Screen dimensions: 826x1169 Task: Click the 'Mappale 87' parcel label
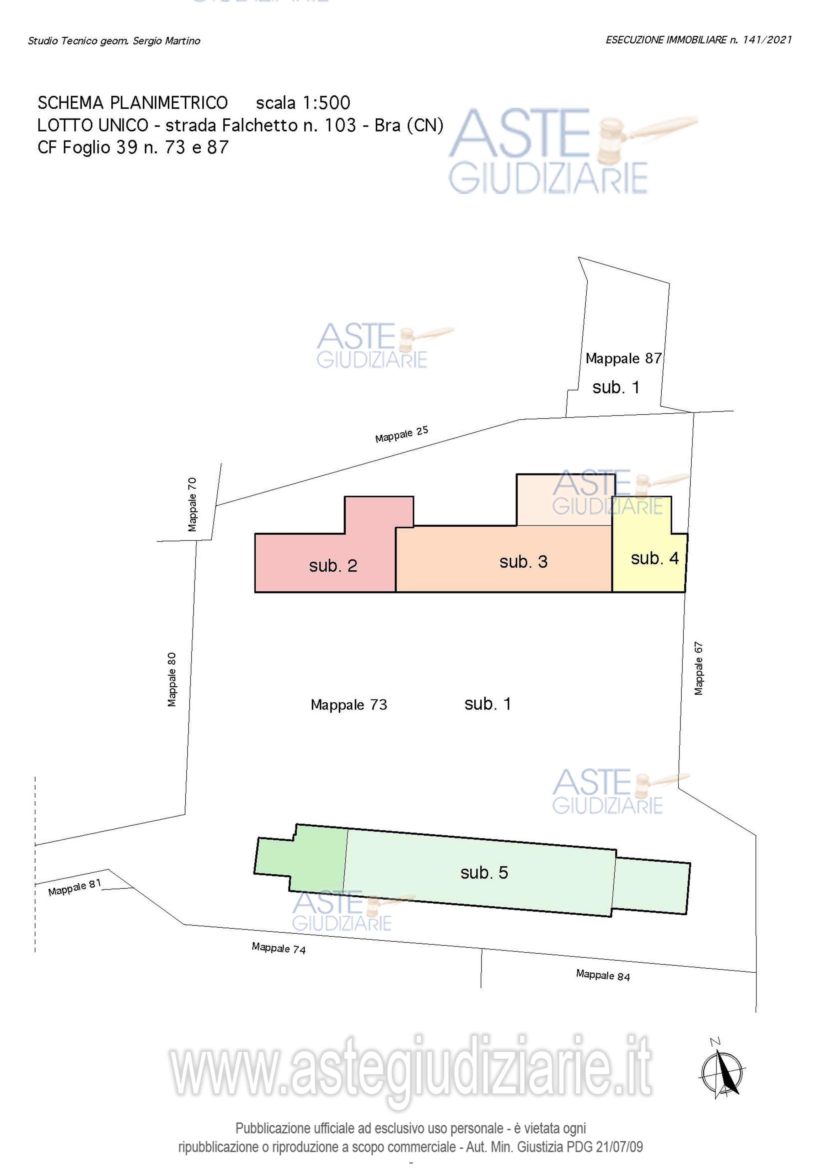[x=624, y=359]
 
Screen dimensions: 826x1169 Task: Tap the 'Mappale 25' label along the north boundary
[x=401, y=434]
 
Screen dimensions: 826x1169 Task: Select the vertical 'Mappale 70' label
[x=192, y=504]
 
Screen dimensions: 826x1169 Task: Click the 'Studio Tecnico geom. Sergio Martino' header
[x=114, y=41]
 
